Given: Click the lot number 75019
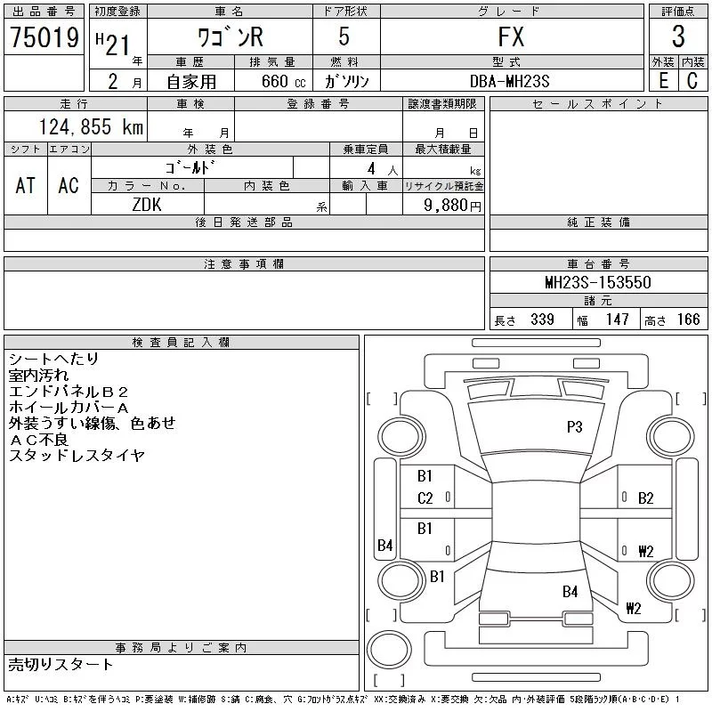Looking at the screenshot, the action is point(44,37).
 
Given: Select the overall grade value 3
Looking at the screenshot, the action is point(678,36).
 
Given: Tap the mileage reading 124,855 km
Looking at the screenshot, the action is point(91,126).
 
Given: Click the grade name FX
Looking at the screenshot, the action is point(511,36).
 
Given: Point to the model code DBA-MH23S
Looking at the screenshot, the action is point(509,81).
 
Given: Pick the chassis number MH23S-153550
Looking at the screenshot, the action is point(598,282).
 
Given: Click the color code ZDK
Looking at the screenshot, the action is point(147,205).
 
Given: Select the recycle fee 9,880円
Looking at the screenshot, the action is point(452,206).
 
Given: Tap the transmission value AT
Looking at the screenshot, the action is point(25,185).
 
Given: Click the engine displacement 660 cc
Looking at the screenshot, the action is point(283,81).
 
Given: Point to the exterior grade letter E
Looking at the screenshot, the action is point(663,81).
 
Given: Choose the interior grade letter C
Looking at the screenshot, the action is point(692,81).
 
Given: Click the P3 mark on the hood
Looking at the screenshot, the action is point(574,427).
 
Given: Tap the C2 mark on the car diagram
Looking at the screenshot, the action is point(425,498).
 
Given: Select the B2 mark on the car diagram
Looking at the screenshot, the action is point(646,498).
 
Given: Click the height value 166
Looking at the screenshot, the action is point(688,320).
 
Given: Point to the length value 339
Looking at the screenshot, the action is point(542,320).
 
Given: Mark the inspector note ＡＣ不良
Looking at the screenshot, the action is point(38,440).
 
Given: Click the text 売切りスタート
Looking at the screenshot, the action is point(61,664).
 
